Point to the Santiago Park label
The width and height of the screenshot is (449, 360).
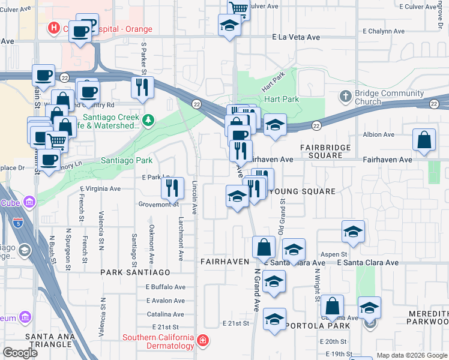pyautogui.click(x=126, y=160)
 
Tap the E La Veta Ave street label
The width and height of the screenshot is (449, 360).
pyautogui.click(x=296, y=37)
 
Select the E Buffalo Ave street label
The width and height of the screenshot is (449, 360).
pyautogui.click(x=166, y=287)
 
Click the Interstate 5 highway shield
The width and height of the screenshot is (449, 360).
pyautogui.click(x=17, y=225)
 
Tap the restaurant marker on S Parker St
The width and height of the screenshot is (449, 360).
pyautogui.click(x=142, y=88)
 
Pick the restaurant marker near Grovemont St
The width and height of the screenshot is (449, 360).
pyautogui.click(x=172, y=188)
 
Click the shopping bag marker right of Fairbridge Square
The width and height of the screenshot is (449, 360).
pyautogui.click(x=424, y=139)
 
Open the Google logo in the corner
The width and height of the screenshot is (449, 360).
pyautogui.click(x=20, y=352)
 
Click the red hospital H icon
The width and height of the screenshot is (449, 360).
pyautogui.click(x=53, y=28)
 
